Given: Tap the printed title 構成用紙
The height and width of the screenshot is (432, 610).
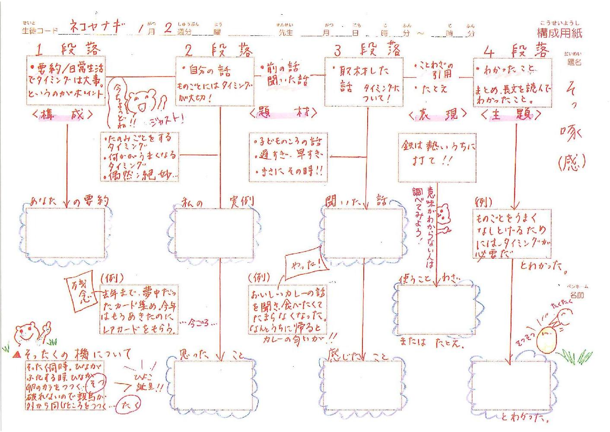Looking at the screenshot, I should coord(559,33).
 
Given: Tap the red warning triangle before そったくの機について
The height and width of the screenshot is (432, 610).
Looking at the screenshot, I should coord(17,354).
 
